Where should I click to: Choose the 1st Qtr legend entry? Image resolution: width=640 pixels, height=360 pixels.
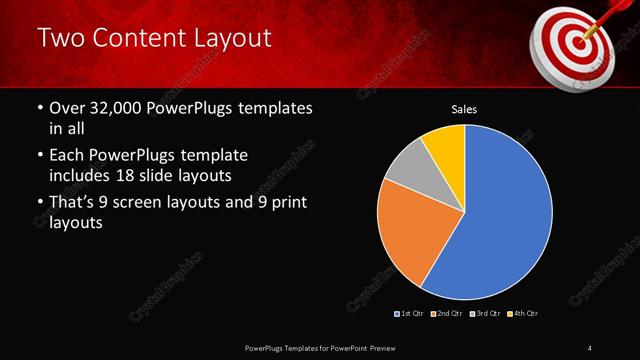(410, 314)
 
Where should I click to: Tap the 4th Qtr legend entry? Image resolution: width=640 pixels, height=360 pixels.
(525, 314)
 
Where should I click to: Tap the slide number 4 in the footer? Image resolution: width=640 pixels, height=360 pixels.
(590, 347)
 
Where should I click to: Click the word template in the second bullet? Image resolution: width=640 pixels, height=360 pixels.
(211, 156)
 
